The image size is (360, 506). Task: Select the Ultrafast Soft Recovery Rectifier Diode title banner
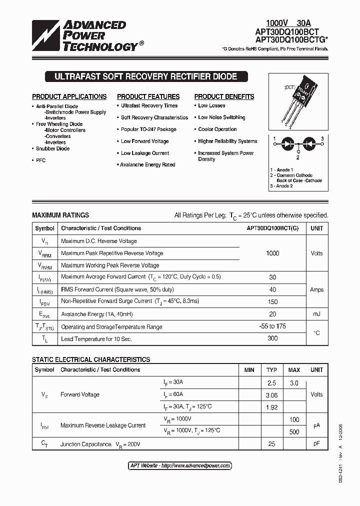(x=141, y=76)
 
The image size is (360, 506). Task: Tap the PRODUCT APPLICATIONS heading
(x=69, y=96)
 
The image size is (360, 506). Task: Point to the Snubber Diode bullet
(x=52, y=148)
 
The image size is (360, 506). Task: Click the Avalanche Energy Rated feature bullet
(x=148, y=164)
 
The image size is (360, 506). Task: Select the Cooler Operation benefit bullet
(x=217, y=129)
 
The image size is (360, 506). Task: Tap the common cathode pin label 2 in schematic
(x=297, y=157)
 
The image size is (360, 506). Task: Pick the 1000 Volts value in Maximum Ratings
(x=272, y=253)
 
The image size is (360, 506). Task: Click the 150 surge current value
(x=272, y=301)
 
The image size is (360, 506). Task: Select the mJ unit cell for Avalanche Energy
(x=316, y=314)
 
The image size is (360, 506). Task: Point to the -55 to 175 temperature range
(x=272, y=326)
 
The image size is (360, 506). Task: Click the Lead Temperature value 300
(x=272, y=338)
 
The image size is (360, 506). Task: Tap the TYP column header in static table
(x=271, y=370)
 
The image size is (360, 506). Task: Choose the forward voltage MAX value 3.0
(x=294, y=382)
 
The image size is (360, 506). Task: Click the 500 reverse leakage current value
(x=294, y=431)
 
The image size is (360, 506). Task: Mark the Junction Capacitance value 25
(x=271, y=444)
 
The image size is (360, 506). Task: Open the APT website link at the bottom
(x=180, y=465)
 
